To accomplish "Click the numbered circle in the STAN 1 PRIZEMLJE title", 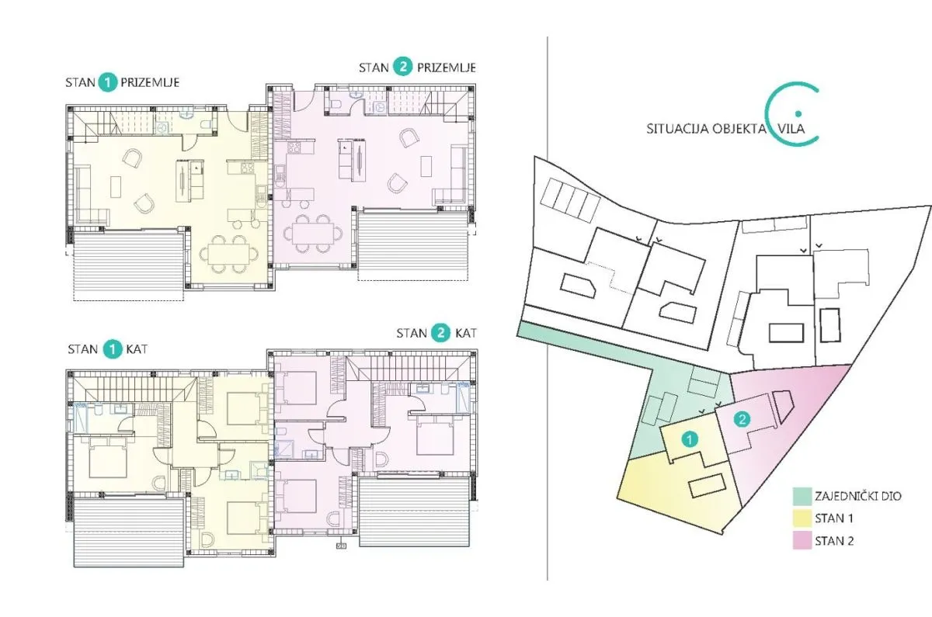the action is (x=108, y=83).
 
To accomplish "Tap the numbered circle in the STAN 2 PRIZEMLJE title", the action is (x=402, y=68).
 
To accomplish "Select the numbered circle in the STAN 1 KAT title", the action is (x=112, y=348).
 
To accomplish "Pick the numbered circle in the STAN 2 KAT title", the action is (x=440, y=333).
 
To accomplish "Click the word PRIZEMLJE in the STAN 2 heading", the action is (x=447, y=68).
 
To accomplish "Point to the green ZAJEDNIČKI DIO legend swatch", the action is (x=802, y=496).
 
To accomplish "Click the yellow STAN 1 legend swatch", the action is (x=802, y=518).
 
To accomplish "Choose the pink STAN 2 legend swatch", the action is (x=802, y=541).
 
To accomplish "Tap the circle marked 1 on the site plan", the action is (x=690, y=439).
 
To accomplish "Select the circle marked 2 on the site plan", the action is (x=742, y=419).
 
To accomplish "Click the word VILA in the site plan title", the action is (x=791, y=129).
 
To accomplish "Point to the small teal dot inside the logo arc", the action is (x=798, y=113).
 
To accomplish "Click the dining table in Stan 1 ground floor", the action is (x=229, y=254).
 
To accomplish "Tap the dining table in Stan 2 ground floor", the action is (x=313, y=234).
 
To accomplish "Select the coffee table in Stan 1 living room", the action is (x=116, y=187).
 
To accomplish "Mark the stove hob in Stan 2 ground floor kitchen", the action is (x=294, y=147).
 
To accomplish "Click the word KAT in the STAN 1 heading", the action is (x=137, y=349).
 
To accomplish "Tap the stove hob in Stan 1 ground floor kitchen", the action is (x=248, y=167).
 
